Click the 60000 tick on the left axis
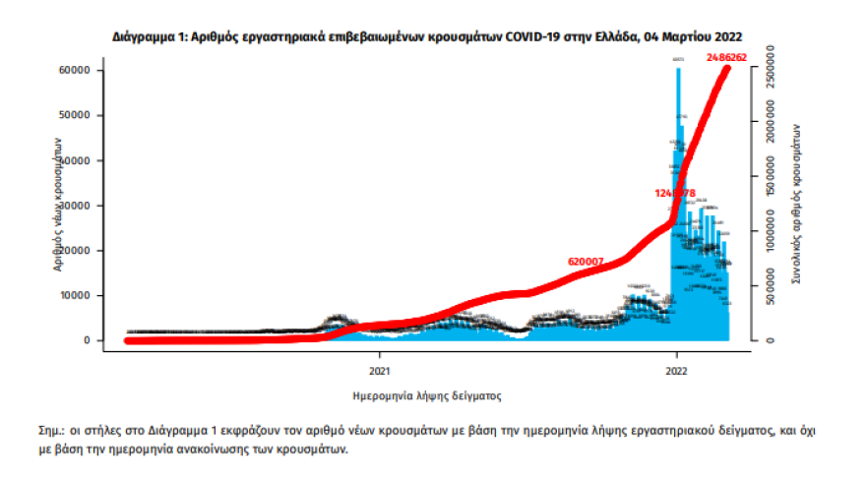click(76, 71)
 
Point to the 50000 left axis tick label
click(76, 115)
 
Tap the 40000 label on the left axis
click(76, 160)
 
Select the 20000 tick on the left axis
click(76, 251)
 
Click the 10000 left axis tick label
click(76, 295)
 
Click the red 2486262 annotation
click(727, 58)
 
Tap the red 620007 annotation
click(585, 261)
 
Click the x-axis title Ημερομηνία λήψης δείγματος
click(427, 397)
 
